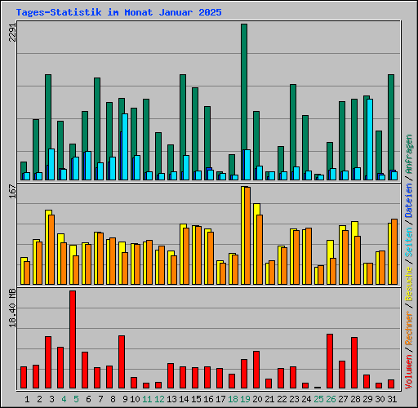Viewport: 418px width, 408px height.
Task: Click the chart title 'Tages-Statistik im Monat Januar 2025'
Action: pyautogui.click(x=118, y=13)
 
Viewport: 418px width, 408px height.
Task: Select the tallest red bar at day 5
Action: pyautogui.click(x=73, y=339)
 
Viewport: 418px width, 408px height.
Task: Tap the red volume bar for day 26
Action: pyautogui.click(x=330, y=361)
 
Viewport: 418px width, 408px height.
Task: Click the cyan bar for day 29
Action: pyautogui.click(x=370, y=139)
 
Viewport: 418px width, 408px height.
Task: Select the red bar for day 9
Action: pyautogui.click(x=122, y=361)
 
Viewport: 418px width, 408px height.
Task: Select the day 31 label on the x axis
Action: pyautogui.click(x=391, y=399)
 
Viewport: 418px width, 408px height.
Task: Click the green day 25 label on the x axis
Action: pyautogui.click(x=318, y=399)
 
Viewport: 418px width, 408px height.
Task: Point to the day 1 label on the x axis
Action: pyautogui.click(x=27, y=399)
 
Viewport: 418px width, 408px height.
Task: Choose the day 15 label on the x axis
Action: pyautogui.click(x=195, y=399)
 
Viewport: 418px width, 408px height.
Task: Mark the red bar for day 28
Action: pyautogui.click(x=354, y=362)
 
